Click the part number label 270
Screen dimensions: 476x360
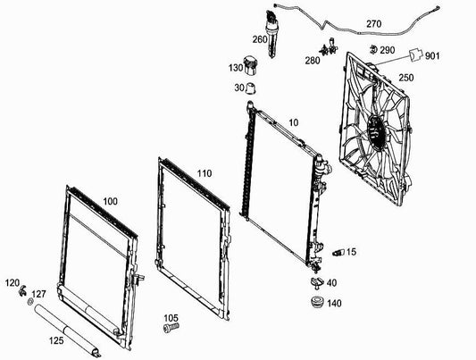(373, 24)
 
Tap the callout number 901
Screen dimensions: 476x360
(432, 56)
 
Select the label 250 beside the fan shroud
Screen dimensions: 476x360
(405, 78)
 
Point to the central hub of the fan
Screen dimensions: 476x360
(376, 130)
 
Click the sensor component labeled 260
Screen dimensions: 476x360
(271, 33)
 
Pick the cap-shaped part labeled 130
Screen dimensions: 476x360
(250, 65)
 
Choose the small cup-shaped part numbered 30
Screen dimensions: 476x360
(251, 88)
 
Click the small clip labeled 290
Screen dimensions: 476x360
(372, 49)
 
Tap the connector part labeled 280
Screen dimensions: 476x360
(329, 47)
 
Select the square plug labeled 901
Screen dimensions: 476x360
(415, 54)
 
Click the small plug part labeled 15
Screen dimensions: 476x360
(338, 253)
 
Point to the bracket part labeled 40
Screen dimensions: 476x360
(317, 282)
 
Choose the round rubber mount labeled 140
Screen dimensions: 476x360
(318, 302)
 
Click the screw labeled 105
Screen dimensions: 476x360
(171, 328)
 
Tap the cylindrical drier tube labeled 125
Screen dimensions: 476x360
(66, 331)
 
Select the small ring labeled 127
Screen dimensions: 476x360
(30, 302)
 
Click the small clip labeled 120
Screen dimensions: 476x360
(22, 291)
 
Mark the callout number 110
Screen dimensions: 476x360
(205, 173)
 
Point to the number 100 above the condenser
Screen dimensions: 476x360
(110, 201)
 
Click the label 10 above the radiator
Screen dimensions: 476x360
(294, 122)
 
